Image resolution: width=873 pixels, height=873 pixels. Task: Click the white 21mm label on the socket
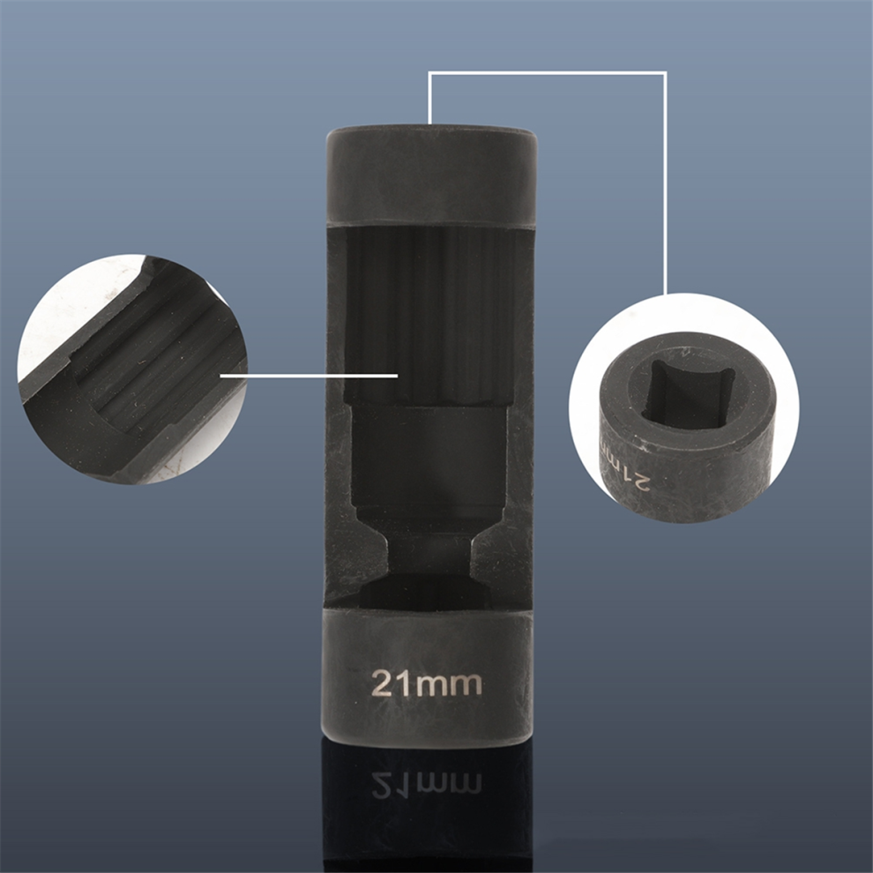[x=426, y=683]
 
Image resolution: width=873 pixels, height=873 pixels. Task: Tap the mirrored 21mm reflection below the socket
[x=426, y=785]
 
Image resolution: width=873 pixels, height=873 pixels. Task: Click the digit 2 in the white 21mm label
[x=383, y=683]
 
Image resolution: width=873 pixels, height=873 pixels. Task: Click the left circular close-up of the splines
[x=132, y=369]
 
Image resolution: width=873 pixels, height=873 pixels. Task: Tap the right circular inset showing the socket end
[x=683, y=409]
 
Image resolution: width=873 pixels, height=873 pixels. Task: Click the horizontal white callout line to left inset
[x=309, y=376]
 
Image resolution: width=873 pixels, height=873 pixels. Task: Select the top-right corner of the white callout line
[x=665, y=72]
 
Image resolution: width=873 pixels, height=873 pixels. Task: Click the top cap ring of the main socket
[x=431, y=175]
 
